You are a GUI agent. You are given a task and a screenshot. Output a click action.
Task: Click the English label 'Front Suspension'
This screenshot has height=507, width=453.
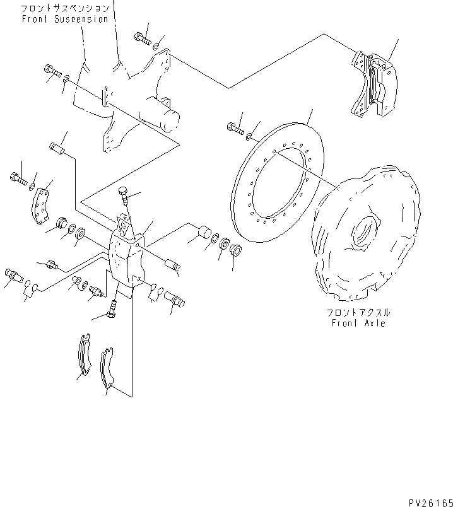[x=64, y=19]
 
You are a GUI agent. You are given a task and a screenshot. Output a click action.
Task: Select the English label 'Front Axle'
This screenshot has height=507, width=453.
[x=358, y=323]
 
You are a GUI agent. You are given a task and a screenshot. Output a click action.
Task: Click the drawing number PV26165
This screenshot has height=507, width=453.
[x=427, y=498]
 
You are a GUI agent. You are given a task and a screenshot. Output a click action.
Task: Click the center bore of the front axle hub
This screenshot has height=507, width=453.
[x=364, y=231]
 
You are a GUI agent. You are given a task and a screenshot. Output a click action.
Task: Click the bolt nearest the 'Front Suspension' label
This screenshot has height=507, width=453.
[x=141, y=38]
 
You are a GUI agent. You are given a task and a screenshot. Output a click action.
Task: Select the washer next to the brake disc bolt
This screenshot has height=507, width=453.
[x=251, y=135]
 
